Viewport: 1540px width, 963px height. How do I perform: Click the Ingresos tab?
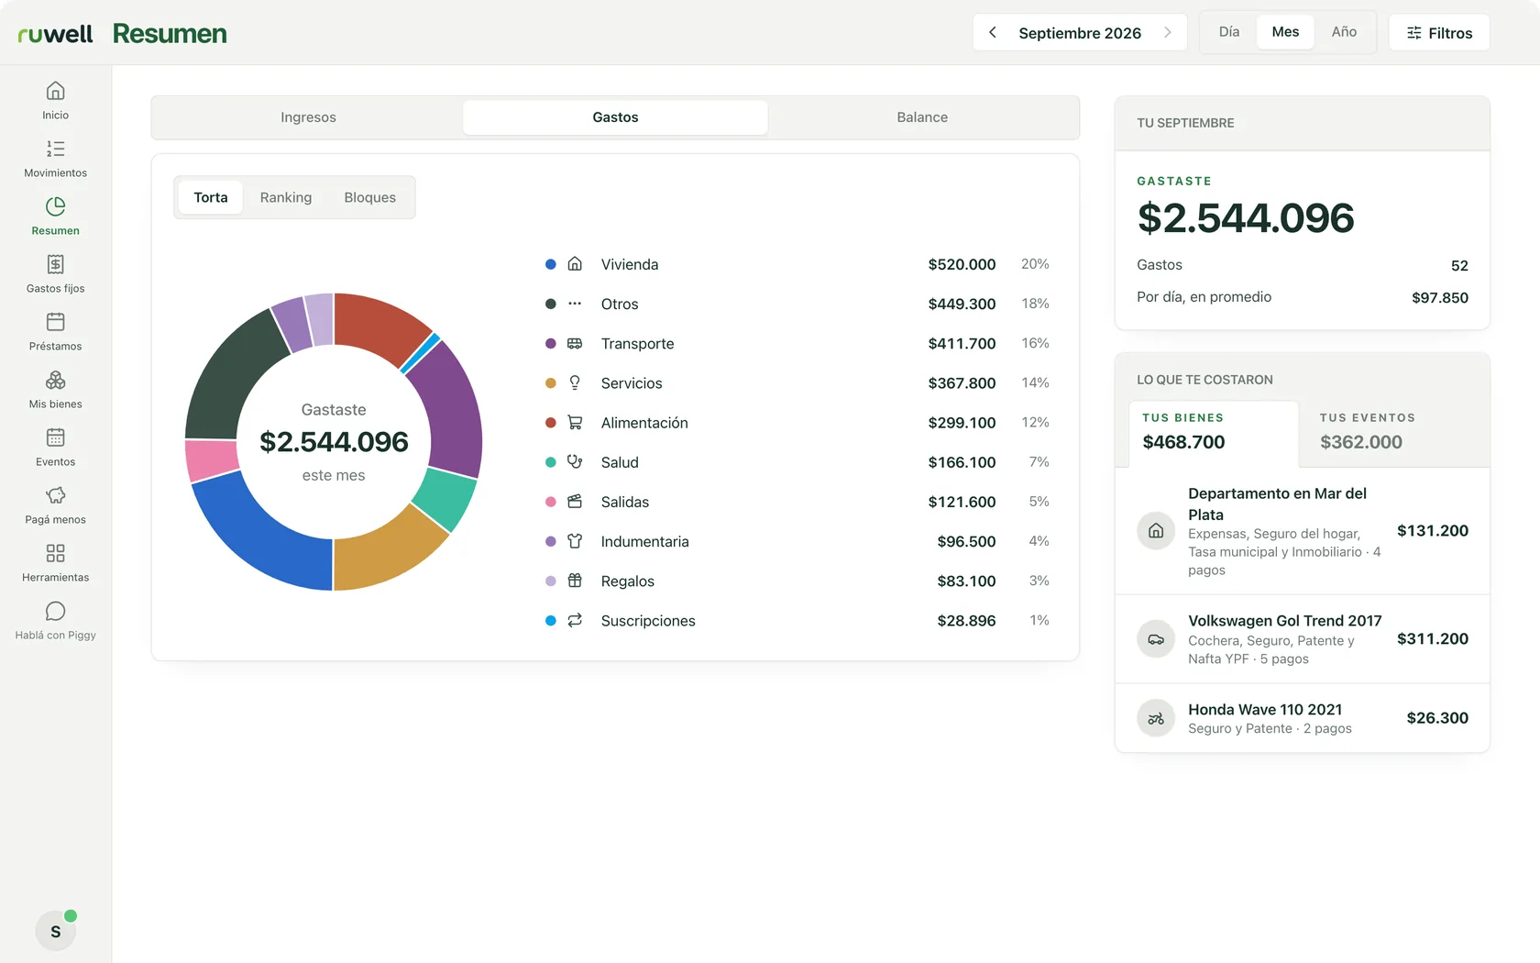[x=308, y=117]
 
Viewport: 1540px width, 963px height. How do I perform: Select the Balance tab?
[x=922, y=117]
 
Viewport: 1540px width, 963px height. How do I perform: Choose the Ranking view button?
[x=285, y=197]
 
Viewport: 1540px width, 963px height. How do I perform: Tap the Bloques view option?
[x=370, y=197]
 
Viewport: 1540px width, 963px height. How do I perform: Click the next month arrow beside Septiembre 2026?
[x=1168, y=32]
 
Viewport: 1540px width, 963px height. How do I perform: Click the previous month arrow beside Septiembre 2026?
[x=992, y=32]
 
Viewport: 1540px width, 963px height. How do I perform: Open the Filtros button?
[x=1439, y=32]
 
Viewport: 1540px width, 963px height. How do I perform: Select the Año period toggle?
[x=1344, y=31]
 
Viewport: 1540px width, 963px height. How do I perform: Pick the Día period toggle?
[x=1228, y=31]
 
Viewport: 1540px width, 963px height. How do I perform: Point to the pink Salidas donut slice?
[x=210, y=459]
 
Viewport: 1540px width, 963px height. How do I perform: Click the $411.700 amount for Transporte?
[x=961, y=343]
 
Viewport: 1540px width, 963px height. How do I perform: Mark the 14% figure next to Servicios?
[x=1035, y=382]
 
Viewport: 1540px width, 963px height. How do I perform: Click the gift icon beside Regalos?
[x=575, y=581]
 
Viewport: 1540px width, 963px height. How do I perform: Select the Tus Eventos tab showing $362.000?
[x=1394, y=432]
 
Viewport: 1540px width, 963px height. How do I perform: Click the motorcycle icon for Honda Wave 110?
[x=1156, y=718]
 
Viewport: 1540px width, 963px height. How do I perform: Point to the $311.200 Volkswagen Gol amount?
[x=1432, y=639]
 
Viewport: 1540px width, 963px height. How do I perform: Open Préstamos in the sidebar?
[x=56, y=332]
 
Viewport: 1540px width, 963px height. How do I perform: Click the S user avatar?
[x=56, y=931]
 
